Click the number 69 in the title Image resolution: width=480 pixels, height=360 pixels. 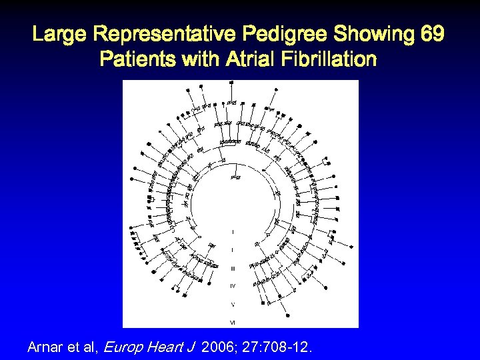(x=432, y=34)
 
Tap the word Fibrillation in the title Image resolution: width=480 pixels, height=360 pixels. (x=332, y=60)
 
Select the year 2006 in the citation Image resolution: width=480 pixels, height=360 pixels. (x=216, y=347)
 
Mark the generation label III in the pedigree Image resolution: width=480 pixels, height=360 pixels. (x=232, y=268)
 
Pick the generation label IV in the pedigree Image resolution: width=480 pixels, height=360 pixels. (x=232, y=286)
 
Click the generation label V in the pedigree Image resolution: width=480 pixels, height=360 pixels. (x=232, y=304)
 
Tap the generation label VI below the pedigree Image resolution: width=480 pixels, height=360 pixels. (x=232, y=323)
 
